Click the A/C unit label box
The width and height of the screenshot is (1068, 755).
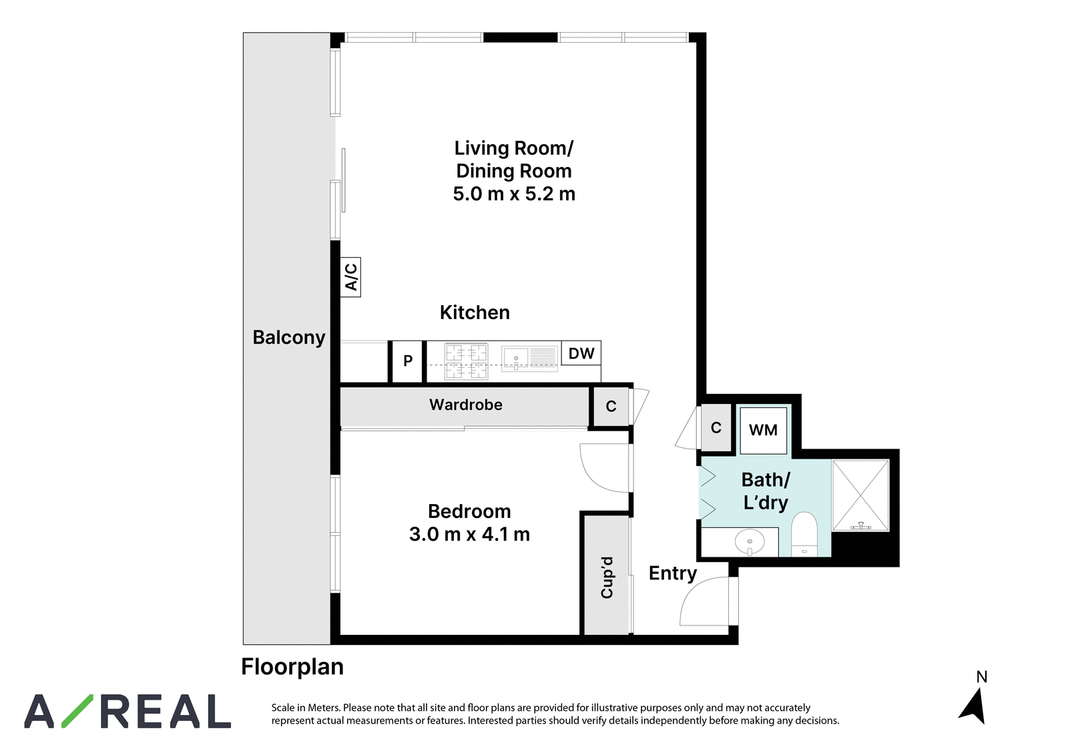pyautogui.click(x=350, y=276)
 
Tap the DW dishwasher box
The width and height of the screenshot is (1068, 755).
pyautogui.click(x=581, y=353)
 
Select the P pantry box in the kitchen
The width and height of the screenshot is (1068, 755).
pyautogui.click(x=407, y=361)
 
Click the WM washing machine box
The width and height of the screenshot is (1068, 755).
pyautogui.click(x=763, y=430)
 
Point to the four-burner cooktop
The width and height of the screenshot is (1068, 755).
pyautogui.click(x=466, y=362)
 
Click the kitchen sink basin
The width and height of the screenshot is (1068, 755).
pyautogui.click(x=515, y=358)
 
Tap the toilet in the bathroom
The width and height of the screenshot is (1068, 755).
pyautogui.click(x=804, y=534)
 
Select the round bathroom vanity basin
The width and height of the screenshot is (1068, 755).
pyautogui.click(x=750, y=542)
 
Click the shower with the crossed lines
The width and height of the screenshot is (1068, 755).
pyautogui.click(x=860, y=495)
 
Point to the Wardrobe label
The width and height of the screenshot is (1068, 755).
pyautogui.click(x=465, y=405)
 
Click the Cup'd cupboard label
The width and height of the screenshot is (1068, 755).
pyautogui.click(x=607, y=577)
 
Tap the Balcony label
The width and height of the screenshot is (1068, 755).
pyautogui.click(x=289, y=338)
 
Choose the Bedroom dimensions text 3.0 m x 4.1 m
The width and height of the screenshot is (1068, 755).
pyautogui.click(x=469, y=534)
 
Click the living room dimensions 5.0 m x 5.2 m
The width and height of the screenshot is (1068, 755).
pyautogui.click(x=514, y=194)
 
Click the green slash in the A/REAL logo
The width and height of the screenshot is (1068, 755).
pyautogui.click(x=77, y=711)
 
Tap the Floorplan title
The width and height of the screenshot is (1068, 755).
pyautogui.click(x=292, y=667)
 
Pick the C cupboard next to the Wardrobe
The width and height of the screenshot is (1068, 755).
pyautogui.click(x=611, y=407)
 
